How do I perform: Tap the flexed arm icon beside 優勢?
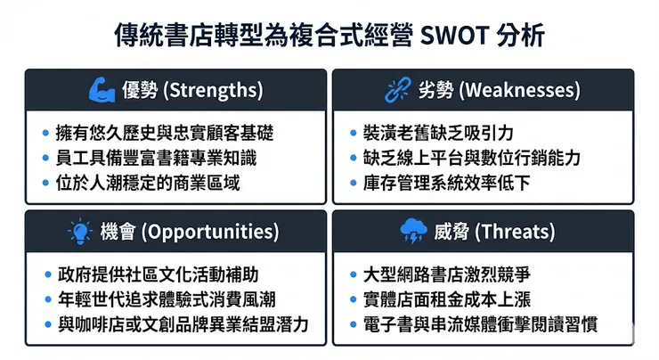98,90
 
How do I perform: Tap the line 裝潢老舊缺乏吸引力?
437,134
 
